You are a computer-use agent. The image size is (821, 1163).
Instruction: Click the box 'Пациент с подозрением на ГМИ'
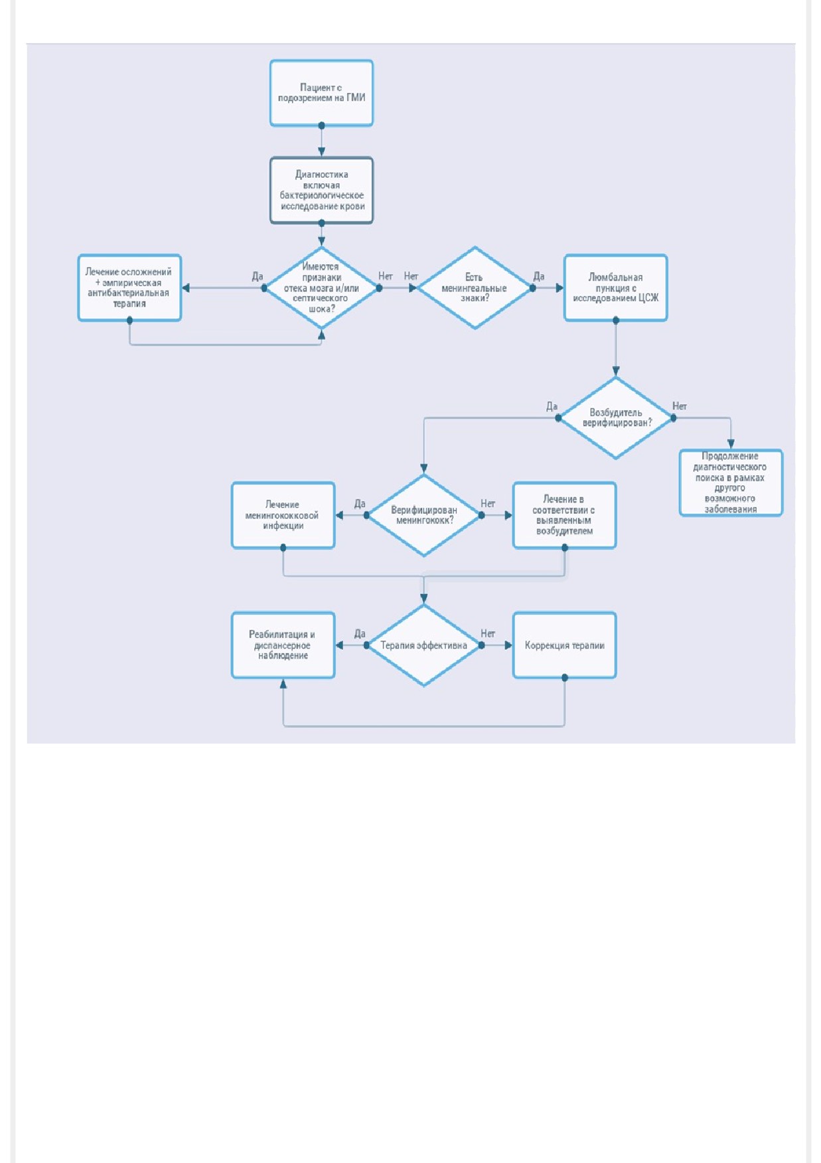(321, 93)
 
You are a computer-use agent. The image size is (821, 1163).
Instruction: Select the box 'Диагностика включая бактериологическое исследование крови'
(321, 191)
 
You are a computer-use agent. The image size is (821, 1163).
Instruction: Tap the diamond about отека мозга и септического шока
(321, 288)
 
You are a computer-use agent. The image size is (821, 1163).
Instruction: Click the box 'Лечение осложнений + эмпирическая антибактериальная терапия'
(129, 288)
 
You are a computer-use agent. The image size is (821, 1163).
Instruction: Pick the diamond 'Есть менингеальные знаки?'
(475, 288)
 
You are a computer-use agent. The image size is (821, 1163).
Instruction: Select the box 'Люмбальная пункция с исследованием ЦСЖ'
(616, 288)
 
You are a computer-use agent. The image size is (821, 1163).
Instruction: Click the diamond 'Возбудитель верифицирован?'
(616, 418)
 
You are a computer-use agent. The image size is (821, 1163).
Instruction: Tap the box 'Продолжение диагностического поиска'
(731, 483)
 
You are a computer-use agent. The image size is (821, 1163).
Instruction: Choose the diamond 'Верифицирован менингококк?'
(423, 515)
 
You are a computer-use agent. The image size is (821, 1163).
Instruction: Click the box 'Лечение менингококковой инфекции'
(283, 515)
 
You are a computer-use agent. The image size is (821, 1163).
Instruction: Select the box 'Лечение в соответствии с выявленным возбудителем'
(565, 515)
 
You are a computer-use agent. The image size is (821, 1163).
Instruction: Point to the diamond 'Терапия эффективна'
(423, 645)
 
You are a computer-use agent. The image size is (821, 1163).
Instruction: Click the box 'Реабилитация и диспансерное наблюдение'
(283, 645)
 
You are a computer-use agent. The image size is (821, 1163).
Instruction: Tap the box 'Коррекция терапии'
(565, 645)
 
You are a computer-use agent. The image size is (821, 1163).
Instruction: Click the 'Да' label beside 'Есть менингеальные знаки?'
(539, 276)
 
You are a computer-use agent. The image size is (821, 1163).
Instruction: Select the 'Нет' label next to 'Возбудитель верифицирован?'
(680, 406)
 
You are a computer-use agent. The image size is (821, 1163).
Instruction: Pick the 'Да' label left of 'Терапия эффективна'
(360, 634)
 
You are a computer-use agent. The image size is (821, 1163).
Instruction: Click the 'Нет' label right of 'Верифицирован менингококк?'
(488, 504)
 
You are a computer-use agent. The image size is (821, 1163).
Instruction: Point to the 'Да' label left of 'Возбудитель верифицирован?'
(552, 406)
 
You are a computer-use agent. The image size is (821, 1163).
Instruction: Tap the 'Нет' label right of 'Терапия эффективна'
(488, 634)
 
